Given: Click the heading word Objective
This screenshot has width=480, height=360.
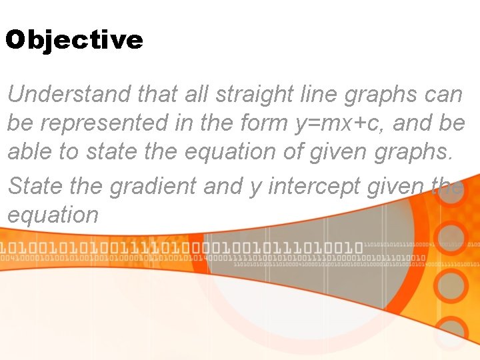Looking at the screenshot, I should pyautogui.click(x=74, y=41).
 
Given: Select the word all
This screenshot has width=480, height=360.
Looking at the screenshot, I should pyautogui.click(x=196, y=95).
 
